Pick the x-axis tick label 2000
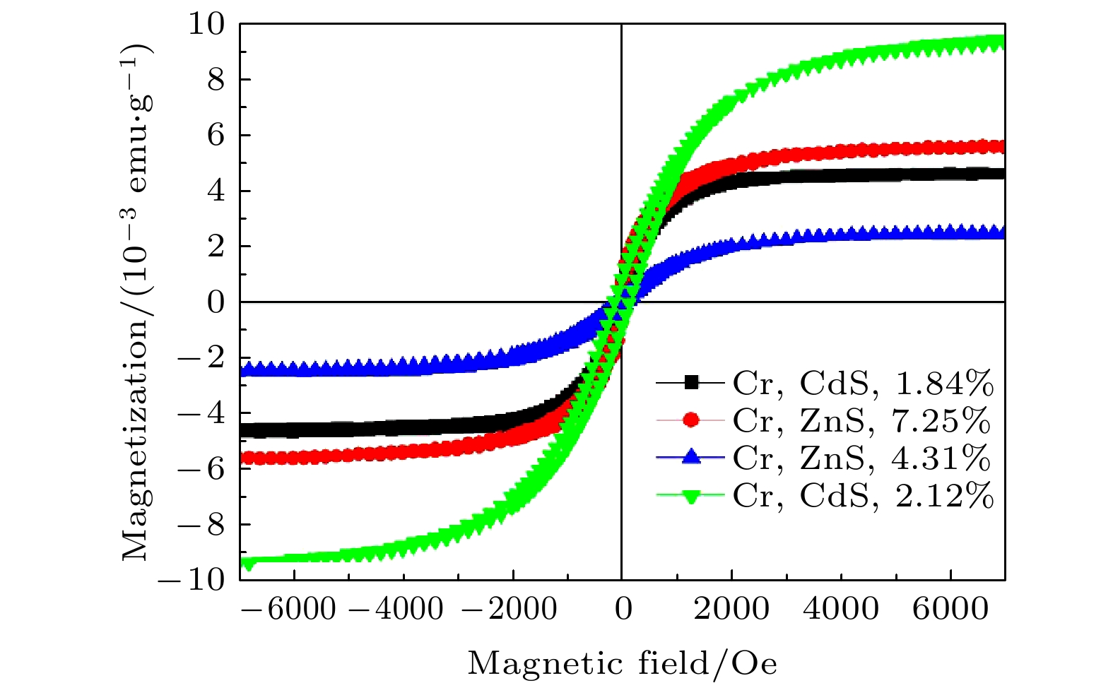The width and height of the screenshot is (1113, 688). [x=731, y=609]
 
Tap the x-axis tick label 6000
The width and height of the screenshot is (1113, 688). [x=950, y=609]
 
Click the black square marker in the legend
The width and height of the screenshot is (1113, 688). [x=691, y=384]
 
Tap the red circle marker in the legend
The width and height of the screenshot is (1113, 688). [x=691, y=421]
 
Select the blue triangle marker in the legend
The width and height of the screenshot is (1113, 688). [x=691, y=458]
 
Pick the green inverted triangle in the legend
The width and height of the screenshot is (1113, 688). [x=691, y=497]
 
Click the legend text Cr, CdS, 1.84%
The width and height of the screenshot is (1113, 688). [x=863, y=384]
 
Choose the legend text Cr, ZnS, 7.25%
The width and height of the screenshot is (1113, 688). [x=861, y=421]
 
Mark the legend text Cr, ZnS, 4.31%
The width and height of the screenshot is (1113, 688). [x=861, y=458]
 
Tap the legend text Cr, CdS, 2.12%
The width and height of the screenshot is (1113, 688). [x=863, y=496]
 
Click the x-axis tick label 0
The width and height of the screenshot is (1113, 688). [x=623, y=609]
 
